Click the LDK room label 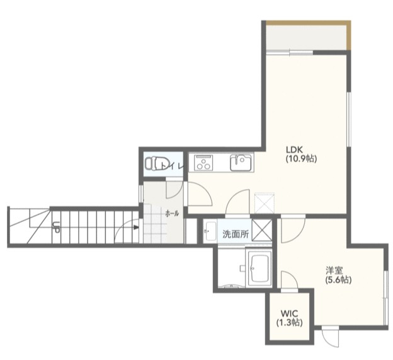295,150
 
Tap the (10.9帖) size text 301,158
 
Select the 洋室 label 334,270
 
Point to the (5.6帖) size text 338,279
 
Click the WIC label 289,313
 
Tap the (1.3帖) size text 289,322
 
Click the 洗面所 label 236,234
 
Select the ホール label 172,214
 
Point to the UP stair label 56,227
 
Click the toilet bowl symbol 154,163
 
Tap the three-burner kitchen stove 204,162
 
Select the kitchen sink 241,162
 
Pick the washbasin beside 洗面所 210,231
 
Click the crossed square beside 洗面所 261,230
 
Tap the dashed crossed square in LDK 265,203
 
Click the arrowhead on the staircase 136,228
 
